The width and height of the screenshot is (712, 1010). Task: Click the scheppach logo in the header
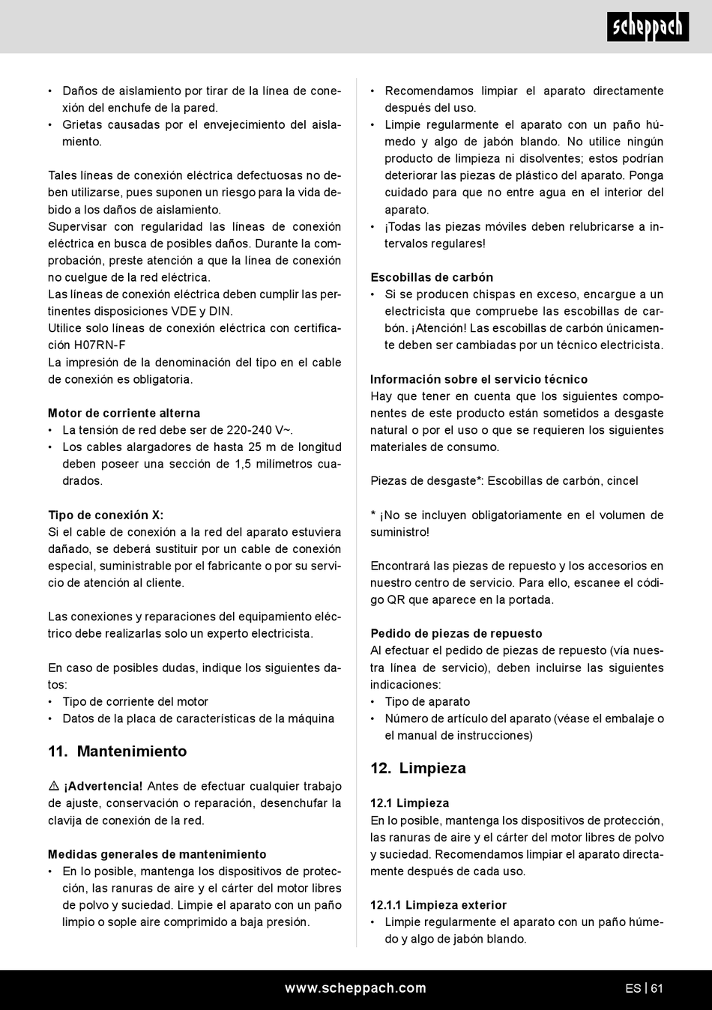648,27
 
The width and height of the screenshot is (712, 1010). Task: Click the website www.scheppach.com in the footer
355,988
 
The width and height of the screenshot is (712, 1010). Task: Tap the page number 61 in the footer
657,988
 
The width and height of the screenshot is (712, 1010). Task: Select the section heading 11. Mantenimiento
118,752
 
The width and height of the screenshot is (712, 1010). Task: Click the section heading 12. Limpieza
418,768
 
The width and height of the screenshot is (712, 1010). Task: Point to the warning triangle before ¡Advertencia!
54,786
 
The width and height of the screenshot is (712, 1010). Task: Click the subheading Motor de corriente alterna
124,413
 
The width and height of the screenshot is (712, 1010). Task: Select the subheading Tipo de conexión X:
106,515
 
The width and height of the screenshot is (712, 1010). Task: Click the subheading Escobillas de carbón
432,277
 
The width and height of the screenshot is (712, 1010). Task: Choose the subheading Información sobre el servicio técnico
479,379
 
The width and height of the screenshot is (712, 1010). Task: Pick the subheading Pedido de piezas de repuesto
456,633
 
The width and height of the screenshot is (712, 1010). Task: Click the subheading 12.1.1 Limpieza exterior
438,905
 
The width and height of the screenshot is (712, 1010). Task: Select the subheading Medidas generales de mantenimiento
157,854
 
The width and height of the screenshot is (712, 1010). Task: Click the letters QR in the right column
396,599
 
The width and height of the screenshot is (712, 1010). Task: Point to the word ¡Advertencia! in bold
103,786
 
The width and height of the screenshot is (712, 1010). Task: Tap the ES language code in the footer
633,988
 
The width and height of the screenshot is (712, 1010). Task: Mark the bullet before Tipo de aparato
373,702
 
